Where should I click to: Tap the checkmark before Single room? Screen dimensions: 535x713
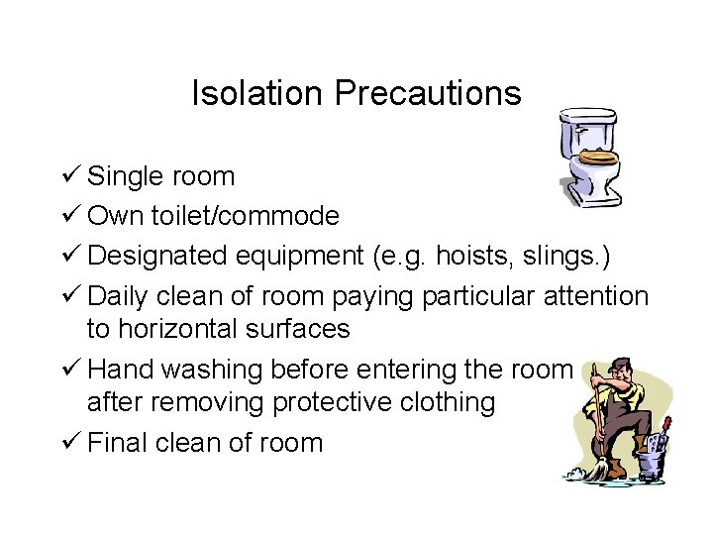[x=71, y=176]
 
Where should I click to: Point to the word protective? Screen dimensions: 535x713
[x=341, y=401]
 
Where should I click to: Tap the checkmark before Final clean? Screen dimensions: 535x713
[x=71, y=442]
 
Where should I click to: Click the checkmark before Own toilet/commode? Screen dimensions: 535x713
[x=71, y=216]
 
